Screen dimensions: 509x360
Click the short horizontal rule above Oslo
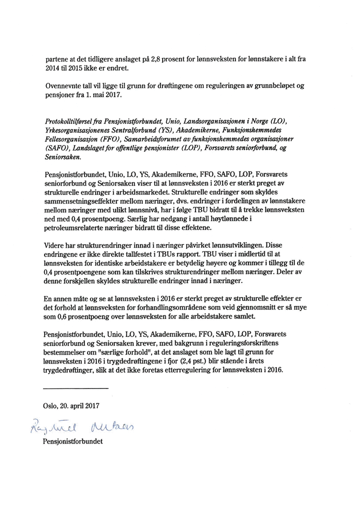click(76, 388)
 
